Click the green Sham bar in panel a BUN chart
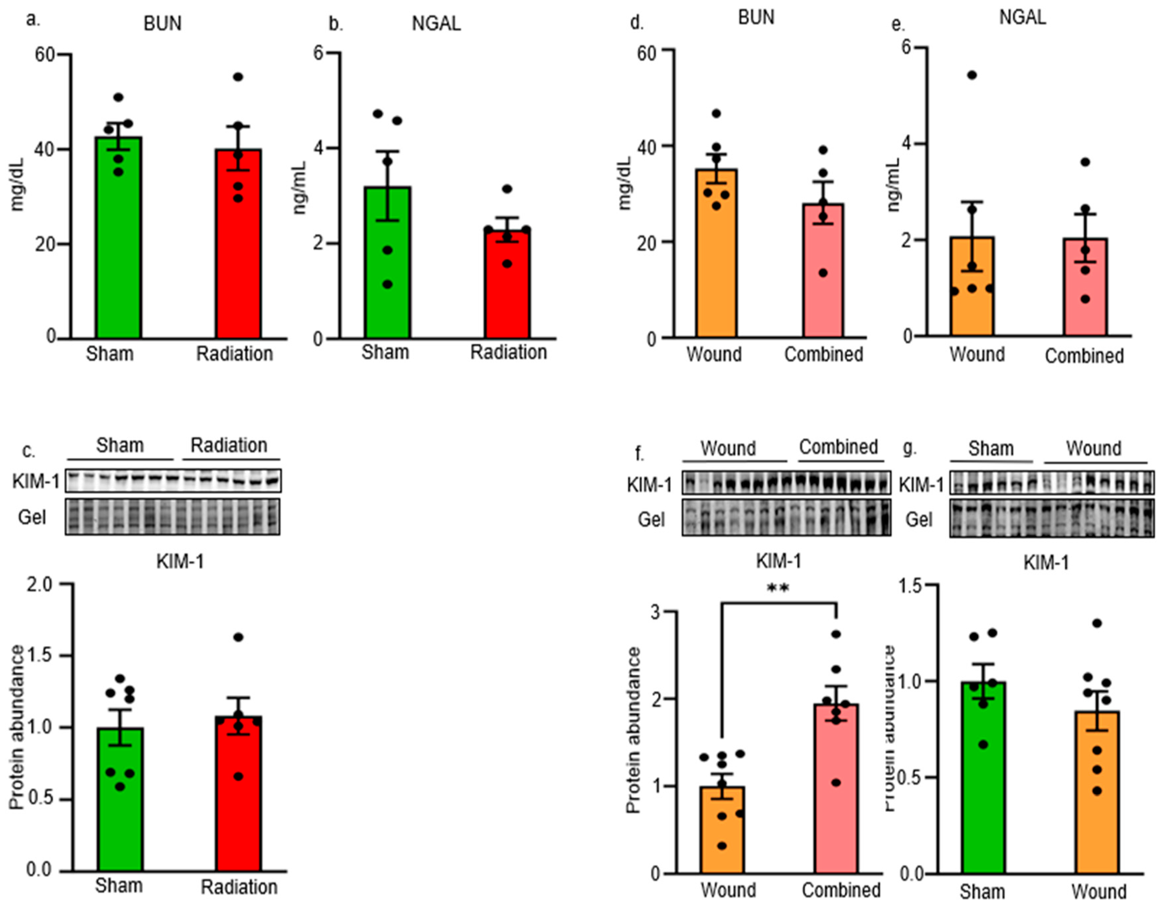click(118, 241)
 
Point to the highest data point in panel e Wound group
click(972, 75)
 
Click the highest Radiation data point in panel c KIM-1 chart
click(238, 637)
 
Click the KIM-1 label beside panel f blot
click(650, 485)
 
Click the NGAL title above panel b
click(436, 24)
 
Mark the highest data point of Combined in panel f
click(836, 634)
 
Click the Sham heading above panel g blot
click(990, 448)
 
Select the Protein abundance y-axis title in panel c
click(17, 727)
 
